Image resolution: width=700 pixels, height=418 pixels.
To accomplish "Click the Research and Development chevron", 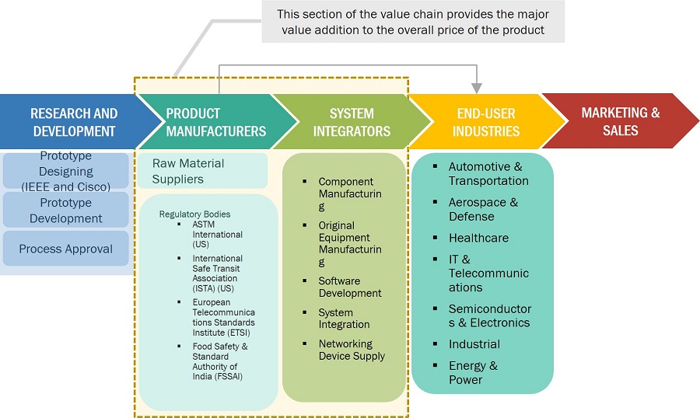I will pyautogui.click(x=74, y=123).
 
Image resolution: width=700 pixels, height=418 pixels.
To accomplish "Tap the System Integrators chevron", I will pyautogui.click(x=352, y=123).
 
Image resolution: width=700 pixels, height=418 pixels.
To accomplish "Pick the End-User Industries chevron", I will pyautogui.click(x=486, y=123).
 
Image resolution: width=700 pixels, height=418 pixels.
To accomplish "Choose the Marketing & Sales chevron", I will pyautogui.click(x=620, y=123).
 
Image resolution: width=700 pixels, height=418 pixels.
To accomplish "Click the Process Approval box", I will pyautogui.click(x=66, y=249).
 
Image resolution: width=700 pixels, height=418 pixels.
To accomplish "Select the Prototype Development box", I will pyautogui.click(x=66, y=211).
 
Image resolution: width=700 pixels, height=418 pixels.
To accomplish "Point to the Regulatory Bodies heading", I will pyautogui.click(x=194, y=214).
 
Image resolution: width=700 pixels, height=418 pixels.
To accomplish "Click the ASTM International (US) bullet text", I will pyautogui.click(x=217, y=234).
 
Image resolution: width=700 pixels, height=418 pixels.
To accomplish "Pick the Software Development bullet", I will pyautogui.click(x=349, y=287).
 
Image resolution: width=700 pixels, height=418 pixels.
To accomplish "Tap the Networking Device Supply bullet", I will pyautogui.click(x=352, y=350).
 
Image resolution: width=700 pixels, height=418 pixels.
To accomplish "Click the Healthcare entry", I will pyautogui.click(x=478, y=238).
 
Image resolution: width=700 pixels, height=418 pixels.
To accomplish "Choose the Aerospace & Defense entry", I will pyautogui.click(x=483, y=209).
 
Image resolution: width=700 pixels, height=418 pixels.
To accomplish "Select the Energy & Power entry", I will pyautogui.click(x=473, y=372).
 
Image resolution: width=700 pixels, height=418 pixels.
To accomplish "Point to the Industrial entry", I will pyautogui.click(x=474, y=344).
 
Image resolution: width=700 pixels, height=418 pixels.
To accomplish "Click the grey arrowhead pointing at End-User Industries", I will pyautogui.click(x=478, y=85).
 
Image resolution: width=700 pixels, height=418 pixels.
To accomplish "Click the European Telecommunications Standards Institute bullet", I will pyautogui.click(x=223, y=317).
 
